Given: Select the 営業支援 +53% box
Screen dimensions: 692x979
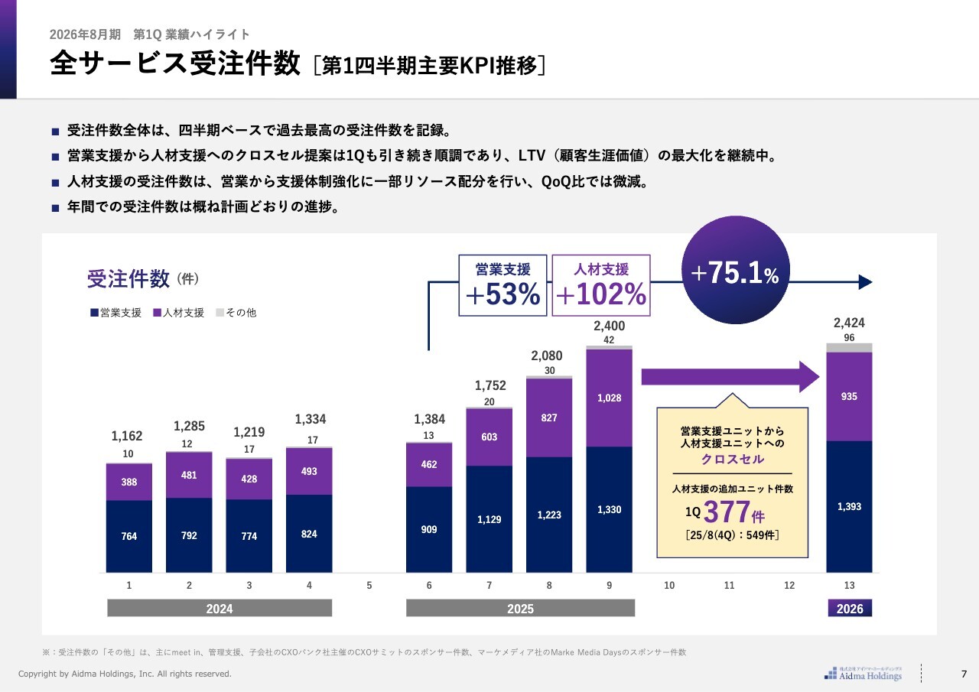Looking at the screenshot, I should point(503,285).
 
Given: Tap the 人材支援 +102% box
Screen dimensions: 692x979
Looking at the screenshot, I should point(600,285).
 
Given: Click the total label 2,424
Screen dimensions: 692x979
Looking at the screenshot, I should point(849,323).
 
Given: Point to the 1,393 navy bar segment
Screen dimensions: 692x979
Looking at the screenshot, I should point(849,507).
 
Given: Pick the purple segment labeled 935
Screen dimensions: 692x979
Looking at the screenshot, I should point(849,397).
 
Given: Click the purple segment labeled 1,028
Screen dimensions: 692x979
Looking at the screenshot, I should point(609,398).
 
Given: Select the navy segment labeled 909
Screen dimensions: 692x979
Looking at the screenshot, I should point(429,529).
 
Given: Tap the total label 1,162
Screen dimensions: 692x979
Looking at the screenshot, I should point(127,436).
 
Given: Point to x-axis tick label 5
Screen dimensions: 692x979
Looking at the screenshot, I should point(369,586).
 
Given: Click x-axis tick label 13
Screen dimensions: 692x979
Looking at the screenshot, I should point(849,586).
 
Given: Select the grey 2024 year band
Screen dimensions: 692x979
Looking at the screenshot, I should point(220,609).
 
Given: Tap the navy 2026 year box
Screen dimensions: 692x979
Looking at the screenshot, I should point(850,609).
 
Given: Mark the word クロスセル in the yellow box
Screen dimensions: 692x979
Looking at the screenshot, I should point(733,460).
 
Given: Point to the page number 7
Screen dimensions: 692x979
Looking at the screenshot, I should point(964,674).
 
